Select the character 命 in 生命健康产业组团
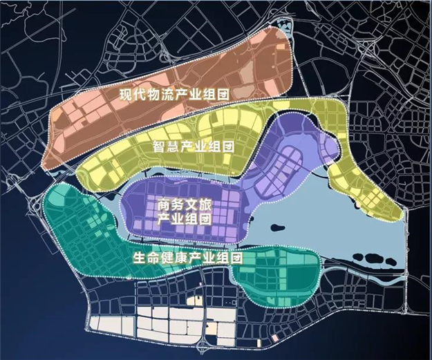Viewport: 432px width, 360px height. (x=153, y=258)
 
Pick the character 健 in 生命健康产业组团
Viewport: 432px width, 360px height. (x=167, y=258)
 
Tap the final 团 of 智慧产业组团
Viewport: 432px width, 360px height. (x=229, y=146)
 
